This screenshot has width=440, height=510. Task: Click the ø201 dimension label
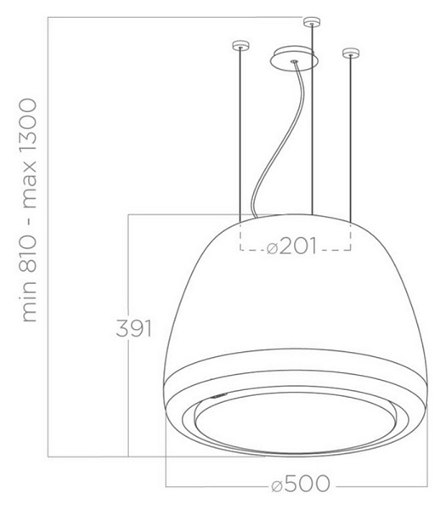291,246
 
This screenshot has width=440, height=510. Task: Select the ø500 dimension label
301,484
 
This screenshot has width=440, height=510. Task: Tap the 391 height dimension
134,328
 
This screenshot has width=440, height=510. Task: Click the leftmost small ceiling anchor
240,46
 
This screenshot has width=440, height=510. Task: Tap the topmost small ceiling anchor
312,21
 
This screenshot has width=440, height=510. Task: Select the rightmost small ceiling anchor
351,53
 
